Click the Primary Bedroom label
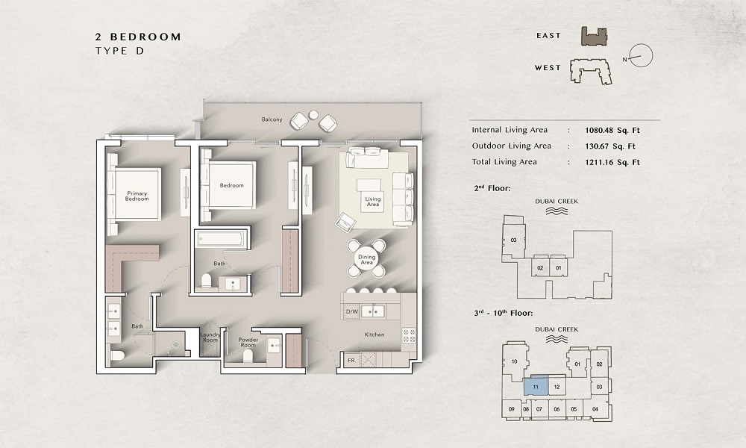tap(137, 196)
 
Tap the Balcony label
tap(271, 119)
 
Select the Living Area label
tap(373, 202)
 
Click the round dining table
tap(367, 259)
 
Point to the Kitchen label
tap(374, 335)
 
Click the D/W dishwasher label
tap(352, 311)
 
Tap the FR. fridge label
tap(351, 361)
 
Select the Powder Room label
tap(248, 342)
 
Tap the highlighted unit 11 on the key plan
tap(537, 386)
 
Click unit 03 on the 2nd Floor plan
tap(513, 240)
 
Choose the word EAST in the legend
tap(549, 35)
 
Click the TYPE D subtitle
tap(119, 50)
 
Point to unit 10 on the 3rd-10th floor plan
tap(515, 362)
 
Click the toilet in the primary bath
tap(117, 355)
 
